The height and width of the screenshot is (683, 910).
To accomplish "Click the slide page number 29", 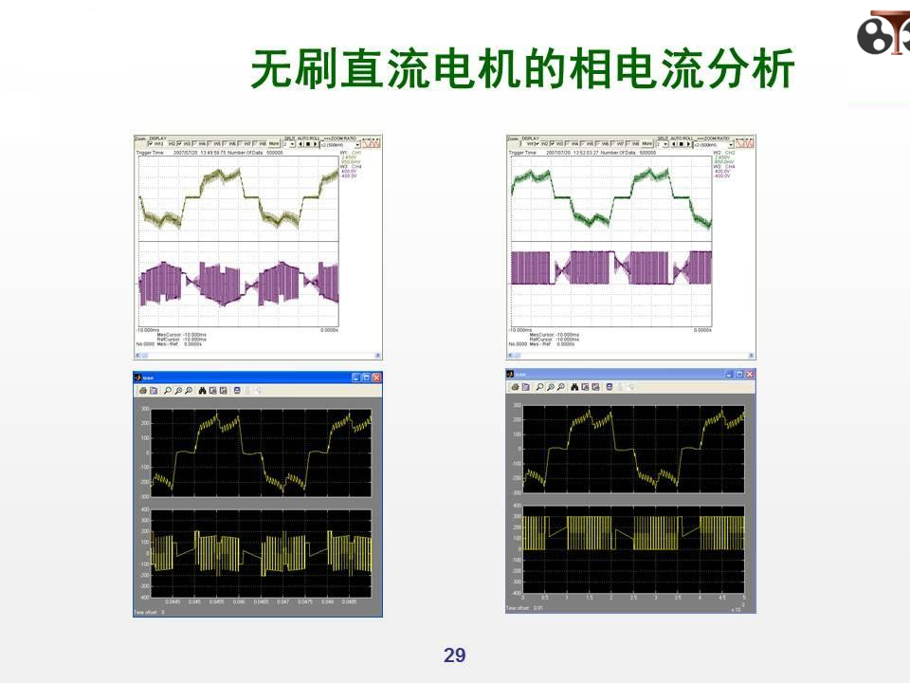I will (455, 655).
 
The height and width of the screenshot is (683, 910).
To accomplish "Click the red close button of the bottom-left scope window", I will (376, 378).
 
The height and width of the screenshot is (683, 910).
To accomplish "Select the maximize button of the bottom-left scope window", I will (367, 378).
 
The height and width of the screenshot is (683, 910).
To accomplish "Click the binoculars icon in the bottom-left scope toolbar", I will (201, 390).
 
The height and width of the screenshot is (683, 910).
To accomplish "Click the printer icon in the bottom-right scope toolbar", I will (516, 387).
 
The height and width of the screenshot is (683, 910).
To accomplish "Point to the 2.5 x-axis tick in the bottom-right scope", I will (633, 598).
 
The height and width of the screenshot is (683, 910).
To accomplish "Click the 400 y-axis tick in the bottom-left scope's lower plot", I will (145, 511).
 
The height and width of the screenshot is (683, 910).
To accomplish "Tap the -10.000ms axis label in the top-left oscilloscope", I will (149, 330).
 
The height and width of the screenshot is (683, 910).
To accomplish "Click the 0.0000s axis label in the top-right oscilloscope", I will (702, 330).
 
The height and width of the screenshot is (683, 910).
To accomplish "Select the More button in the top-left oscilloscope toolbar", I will (273, 144).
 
